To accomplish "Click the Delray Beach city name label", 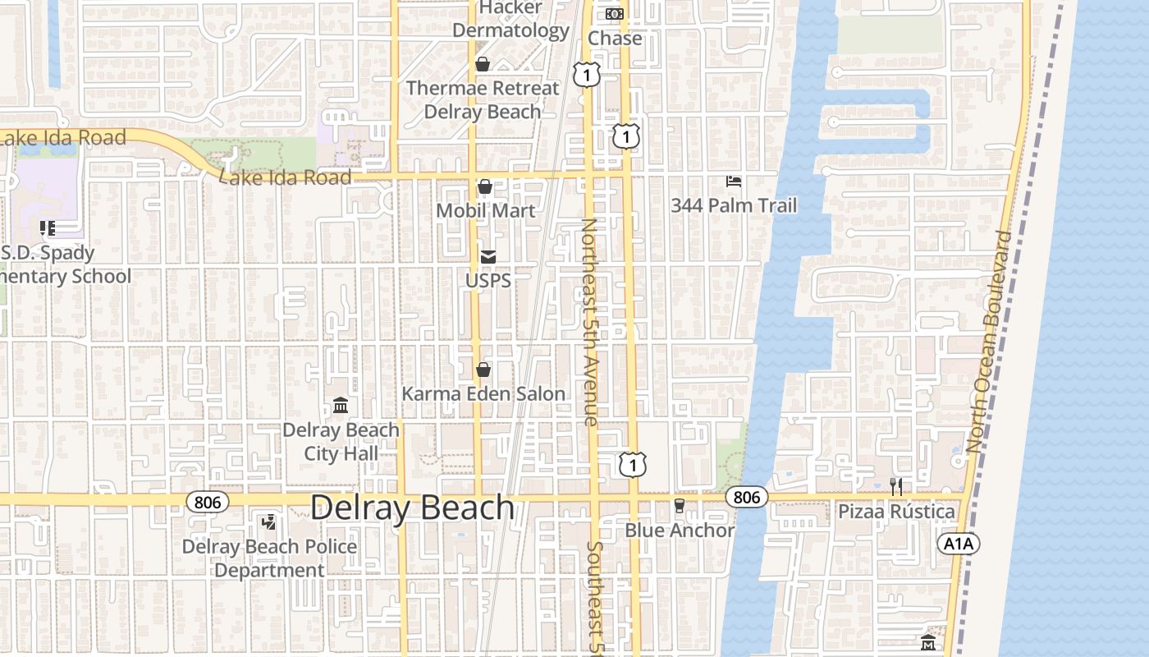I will point(412,508).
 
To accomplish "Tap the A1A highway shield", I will point(959,544).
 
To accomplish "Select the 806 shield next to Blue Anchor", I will point(746,497).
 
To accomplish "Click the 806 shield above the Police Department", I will point(208,501).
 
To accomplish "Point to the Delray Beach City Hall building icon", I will point(341,406).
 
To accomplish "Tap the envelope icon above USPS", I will point(488,257).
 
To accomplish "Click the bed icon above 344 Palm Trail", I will point(734,181).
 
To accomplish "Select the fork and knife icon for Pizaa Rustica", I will point(896,487).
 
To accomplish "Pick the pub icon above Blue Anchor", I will point(679,506).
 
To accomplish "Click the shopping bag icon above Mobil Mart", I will point(485,186).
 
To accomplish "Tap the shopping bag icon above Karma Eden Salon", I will point(483,370).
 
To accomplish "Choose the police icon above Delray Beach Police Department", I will point(268,521).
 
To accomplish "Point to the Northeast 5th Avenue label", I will point(590,321).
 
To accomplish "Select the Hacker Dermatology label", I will point(510,20).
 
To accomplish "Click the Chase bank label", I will point(615,38).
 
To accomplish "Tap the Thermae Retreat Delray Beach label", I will point(483,99).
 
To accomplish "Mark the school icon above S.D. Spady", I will point(47,227).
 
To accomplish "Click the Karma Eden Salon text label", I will point(483,394).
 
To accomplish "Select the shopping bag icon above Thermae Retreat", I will point(483,64).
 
